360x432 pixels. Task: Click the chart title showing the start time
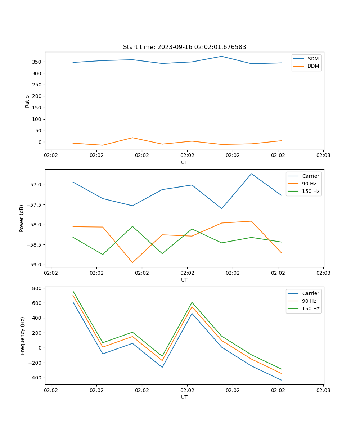point(184,47)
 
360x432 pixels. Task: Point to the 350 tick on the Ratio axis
point(37,62)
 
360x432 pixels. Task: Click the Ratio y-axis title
point(27,101)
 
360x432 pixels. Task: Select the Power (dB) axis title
point(22,218)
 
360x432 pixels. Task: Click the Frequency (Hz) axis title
point(23,336)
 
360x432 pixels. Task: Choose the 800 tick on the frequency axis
point(37,288)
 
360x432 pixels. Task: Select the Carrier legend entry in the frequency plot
point(310,293)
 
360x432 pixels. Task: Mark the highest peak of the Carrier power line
point(251,174)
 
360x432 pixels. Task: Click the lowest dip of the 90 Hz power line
point(132,262)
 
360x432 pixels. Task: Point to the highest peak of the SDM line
point(222,56)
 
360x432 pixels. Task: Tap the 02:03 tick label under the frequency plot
point(323,390)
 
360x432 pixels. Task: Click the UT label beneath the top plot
point(184,162)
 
